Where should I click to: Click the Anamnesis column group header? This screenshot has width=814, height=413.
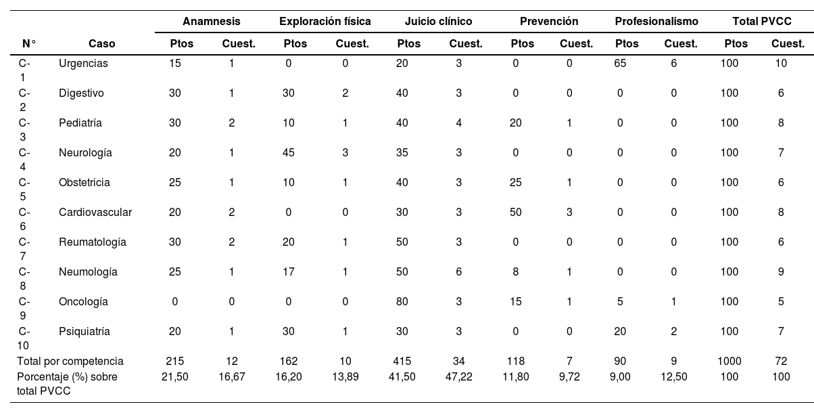point(211,21)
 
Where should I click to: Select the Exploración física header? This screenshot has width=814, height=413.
point(325,21)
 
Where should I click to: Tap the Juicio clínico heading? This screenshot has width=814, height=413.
point(438,21)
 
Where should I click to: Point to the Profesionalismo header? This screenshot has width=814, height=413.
point(656,21)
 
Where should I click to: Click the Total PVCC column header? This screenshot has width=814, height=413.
point(762,21)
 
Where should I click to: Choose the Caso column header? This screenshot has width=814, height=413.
point(101,43)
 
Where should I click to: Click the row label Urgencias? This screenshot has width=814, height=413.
point(83,64)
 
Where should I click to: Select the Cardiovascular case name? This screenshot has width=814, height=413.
point(95,212)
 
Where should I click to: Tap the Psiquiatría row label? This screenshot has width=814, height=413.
point(85,332)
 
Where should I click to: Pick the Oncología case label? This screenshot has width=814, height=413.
point(83,302)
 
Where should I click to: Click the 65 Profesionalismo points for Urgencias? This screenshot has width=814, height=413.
point(620,64)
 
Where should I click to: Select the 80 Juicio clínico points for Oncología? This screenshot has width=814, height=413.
point(402,302)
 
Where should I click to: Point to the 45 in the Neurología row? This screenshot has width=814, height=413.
point(288,152)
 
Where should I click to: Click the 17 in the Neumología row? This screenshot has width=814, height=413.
point(288,271)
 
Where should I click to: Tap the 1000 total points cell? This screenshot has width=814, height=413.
point(729,362)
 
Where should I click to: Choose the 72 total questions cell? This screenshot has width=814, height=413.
point(781,362)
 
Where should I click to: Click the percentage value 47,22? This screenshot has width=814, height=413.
point(458,376)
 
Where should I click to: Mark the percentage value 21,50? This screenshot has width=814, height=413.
point(175,376)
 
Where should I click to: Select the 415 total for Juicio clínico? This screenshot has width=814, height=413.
point(402,362)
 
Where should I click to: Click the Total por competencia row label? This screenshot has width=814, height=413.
point(70,362)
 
